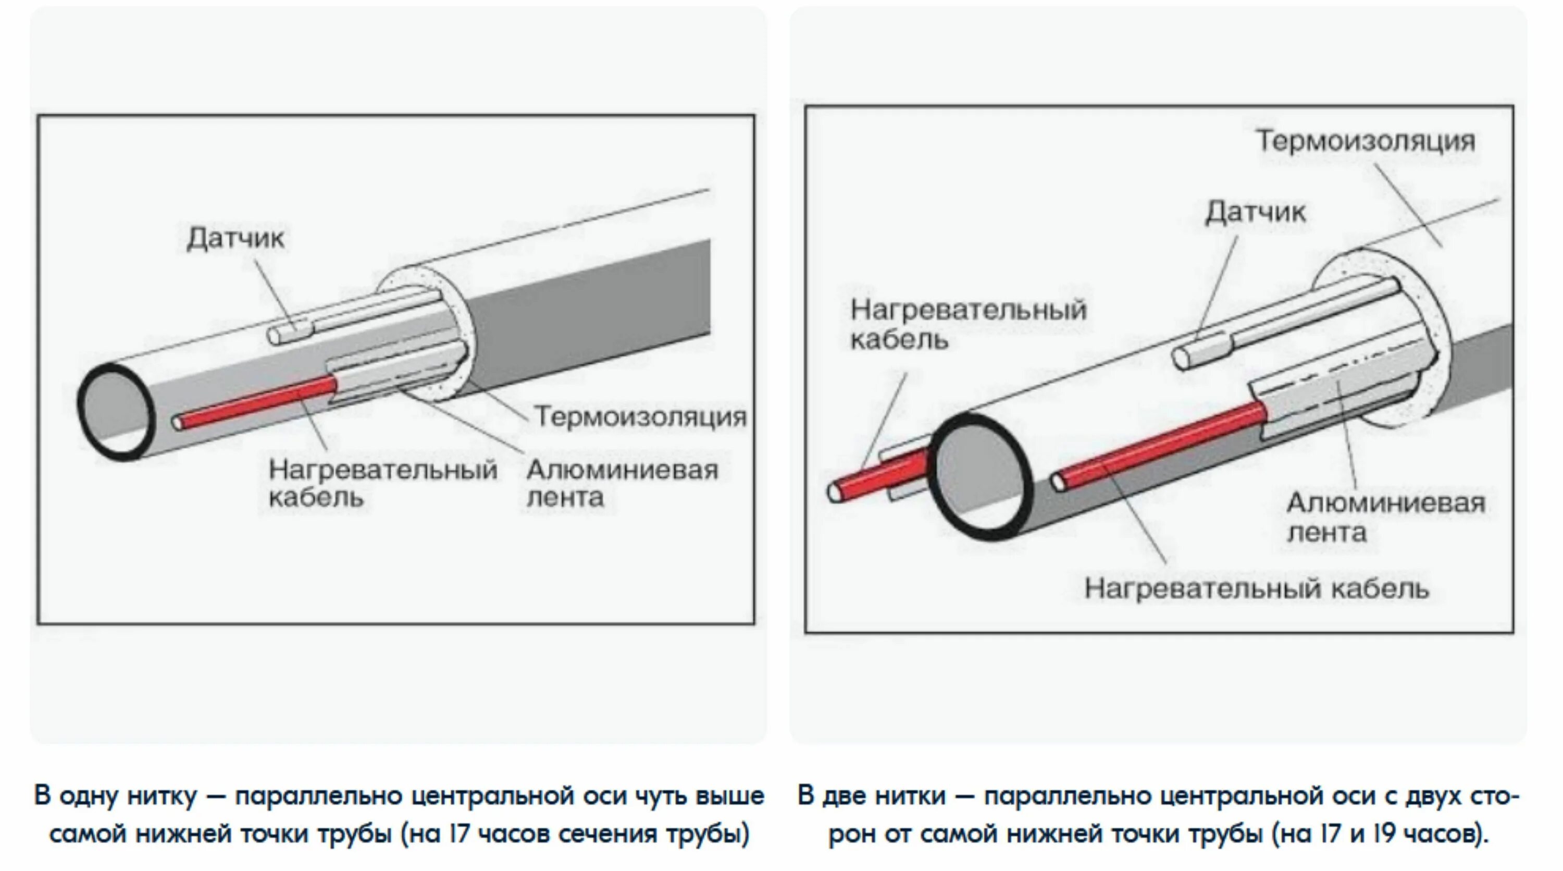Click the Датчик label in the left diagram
point(235,238)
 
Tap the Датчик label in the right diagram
point(1255,213)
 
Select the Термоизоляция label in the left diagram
point(640,417)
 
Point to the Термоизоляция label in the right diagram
point(1365,141)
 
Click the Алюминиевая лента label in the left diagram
point(622,483)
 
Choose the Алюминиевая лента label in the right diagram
point(1386,517)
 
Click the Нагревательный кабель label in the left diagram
point(382,483)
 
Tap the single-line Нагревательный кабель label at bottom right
point(1257,588)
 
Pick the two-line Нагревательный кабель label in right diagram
point(968,324)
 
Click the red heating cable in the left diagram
point(258,403)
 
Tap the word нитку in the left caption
point(163,796)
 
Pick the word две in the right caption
point(847,796)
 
